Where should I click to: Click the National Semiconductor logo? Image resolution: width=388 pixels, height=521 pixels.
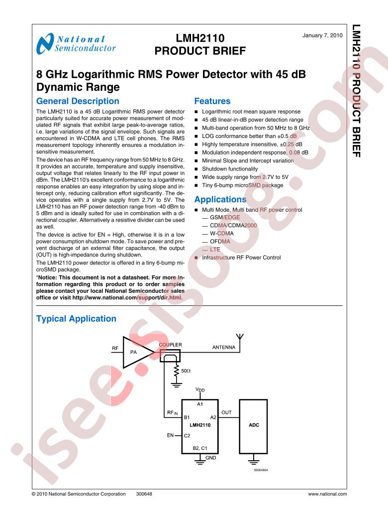pyautogui.click(x=76, y=43)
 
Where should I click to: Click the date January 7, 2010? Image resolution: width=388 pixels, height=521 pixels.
pyautogui.click(x=322, y=35)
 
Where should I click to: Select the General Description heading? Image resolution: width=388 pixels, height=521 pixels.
pyautogui.click(x=78, y=101)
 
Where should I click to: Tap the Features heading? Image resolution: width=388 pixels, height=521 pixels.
pyautogui.click(x=212, y=101)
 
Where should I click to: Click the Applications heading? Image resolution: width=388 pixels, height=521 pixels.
pyautogui.click(x=220, y=199)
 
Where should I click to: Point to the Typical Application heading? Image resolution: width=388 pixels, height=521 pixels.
pyautogui.click(x=76, y=319)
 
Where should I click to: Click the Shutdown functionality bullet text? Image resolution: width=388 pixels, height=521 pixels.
pyautogui.click(x=230, y=169)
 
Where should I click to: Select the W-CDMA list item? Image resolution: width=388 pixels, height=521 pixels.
pyautogui.click(x=222, y=233)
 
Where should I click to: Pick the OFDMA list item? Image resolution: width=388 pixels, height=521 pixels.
pyautogui.click(x=220, y=241)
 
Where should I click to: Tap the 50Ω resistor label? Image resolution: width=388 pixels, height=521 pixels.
pyautogui.click(x=186, y=371)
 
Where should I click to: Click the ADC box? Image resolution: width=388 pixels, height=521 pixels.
pyautogui.click(x=253, y=426)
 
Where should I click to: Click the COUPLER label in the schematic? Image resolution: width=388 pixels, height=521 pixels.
pyautogui.click(x=170, y=345)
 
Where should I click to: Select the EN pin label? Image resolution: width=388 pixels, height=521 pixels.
pyautogui.click(x=170, y=435)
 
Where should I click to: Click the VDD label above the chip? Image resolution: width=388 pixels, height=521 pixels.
pyautogui.click(x=200, y=390)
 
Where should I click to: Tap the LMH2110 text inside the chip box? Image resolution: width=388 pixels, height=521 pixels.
pyautogui.click(x=200, y=425)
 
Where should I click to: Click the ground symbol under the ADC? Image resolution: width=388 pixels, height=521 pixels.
pyautogui.click(x=254, y=461)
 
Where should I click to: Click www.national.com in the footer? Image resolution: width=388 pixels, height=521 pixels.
pyautogui.click(x=327, y=494)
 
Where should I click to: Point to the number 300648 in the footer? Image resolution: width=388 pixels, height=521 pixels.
pyautogui.click(x=144, y=494)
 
